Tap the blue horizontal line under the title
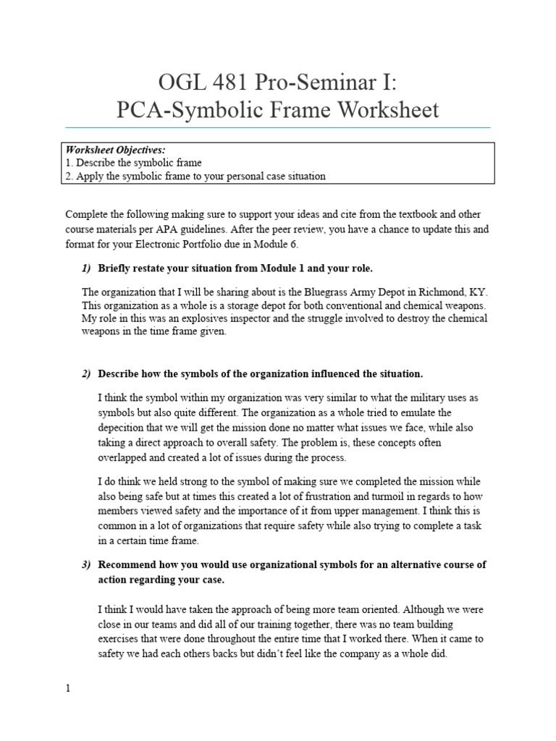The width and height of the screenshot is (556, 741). click(278, 127)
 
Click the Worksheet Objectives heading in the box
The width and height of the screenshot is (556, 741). click(117, 151)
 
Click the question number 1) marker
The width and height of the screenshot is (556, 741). click(86, 268)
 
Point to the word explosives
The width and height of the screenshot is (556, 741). click(207, 318)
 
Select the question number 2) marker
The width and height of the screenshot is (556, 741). click(86, 374)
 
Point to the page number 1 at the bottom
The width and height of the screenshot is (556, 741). click(68, 689)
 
